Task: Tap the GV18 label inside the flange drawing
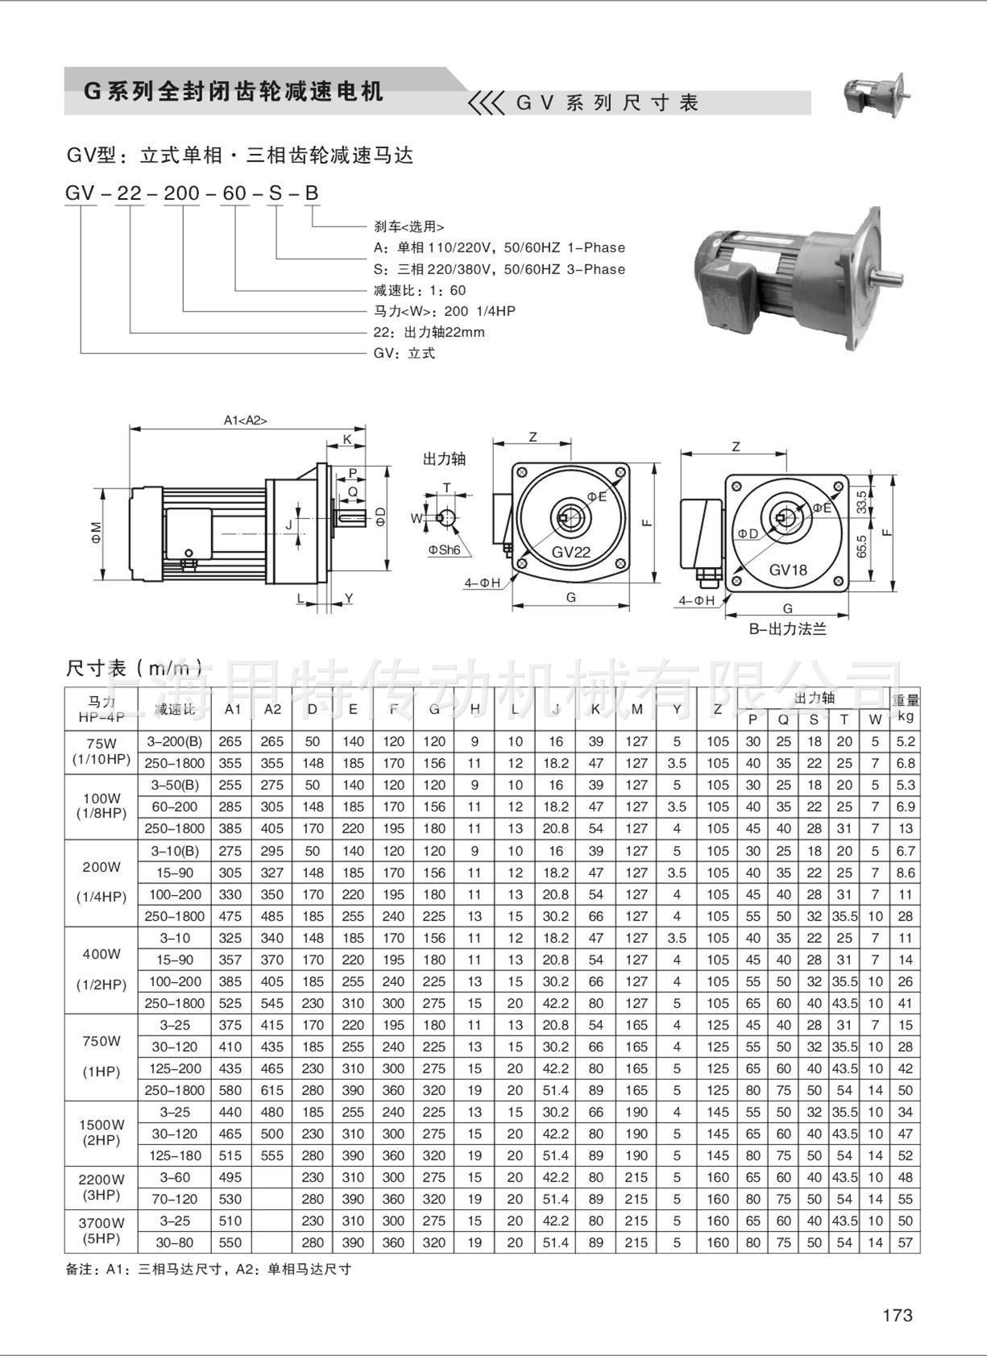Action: pyautogui.click(x=787, y=570)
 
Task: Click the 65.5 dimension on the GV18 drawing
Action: pyautogui.click(x=861, y=547)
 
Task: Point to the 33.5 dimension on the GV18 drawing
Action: pyautogui.click(x=861, y=502)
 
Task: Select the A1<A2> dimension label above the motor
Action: pyautogui.click(x=245, y=420)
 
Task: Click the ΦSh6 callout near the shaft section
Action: pyautogui.click(x=444, y=549)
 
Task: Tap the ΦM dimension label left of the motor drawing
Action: pyautogui.click(x=96, y=533)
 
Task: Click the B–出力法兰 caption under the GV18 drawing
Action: pyautogui.click(x=787, y=629)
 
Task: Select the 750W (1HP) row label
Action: pyautogui.click(x=102, y=1056)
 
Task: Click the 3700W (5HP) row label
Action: pyautogui.click(x=102, y=1230)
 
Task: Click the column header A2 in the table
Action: pyautogui.click(x=272, y=709)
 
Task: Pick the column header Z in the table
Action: pyautogui.click(x=717, y=709)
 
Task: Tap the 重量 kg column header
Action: pyautogui.click(x=905, y=708)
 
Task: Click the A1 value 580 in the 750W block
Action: pyautogui.click(x=230, y=1090)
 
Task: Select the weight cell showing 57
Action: pyautogui.click(x=905, y=1242)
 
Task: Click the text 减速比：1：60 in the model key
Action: pyautogui.click(x=420, y=290)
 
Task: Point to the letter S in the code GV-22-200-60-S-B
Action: pyautogui.click(x=275, y=193)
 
